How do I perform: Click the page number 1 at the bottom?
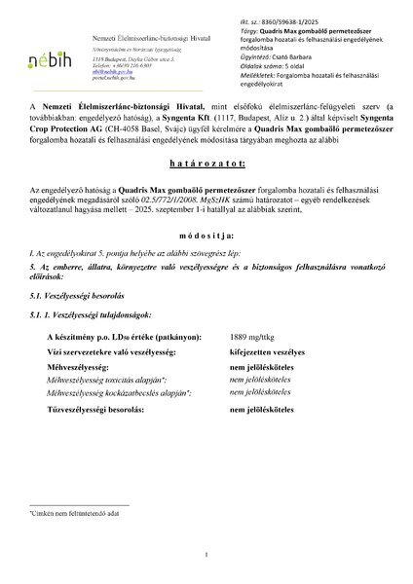(x=206, y=554)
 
